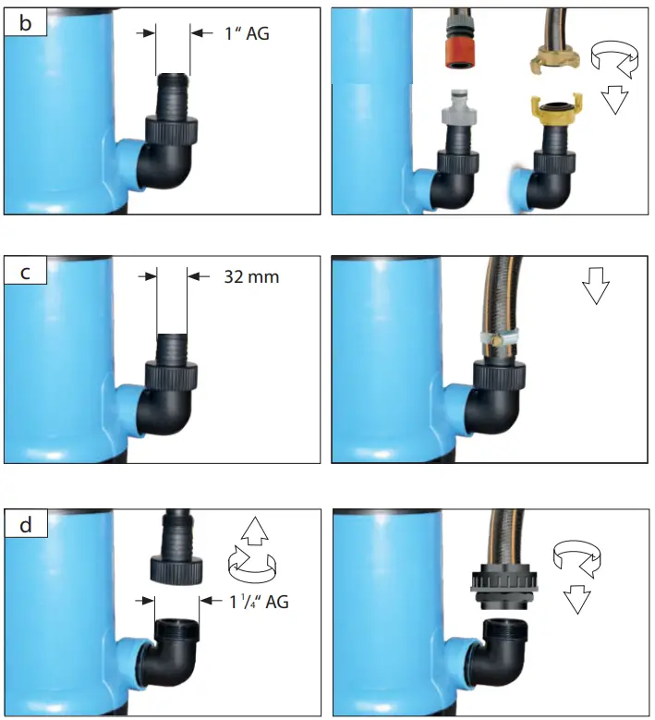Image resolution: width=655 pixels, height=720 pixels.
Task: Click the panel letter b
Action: [25, 23]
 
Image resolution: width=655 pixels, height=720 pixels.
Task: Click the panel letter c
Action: [25, 273]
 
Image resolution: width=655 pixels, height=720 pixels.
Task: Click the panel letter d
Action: [25, 524]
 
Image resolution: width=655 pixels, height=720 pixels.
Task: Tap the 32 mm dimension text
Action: [251, 275]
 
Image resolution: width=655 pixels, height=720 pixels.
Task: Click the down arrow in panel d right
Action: [577, 601]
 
